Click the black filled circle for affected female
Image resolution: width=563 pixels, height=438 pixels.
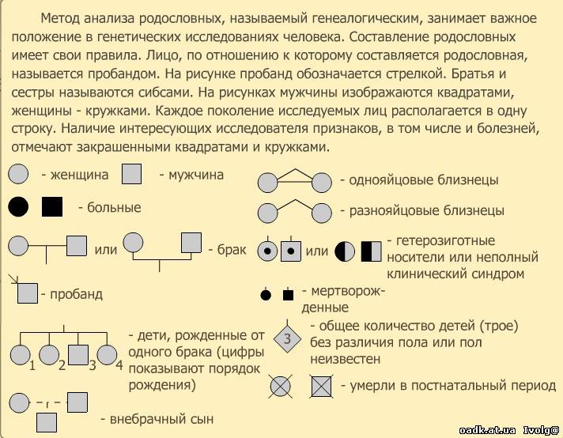click(x=18, y=208)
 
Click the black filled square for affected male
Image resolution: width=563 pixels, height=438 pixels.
click(x=51, y=208)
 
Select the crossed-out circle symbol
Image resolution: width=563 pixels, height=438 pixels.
click(x=281, y=386)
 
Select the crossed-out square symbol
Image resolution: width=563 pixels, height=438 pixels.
click(x=319, y=386)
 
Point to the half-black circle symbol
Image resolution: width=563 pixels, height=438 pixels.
click(x=346, y=251)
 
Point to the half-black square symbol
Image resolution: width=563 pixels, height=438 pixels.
click(x=372, y=251)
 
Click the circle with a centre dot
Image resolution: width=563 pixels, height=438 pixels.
click(x=268, y=251)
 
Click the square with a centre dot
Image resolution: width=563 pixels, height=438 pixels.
click(x=293, y=251)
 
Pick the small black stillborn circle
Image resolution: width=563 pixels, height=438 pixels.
click(x=266, y=295)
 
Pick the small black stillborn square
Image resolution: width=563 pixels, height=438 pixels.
click(x=288, y=295)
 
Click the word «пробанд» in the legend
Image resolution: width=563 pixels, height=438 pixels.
click(x=76, y=294)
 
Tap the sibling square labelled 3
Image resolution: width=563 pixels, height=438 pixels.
click(x=77, y=357)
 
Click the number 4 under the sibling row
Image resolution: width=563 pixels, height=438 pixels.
click(x=119, y=365)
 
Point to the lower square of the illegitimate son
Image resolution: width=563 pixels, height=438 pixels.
click(x=47, y=423)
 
